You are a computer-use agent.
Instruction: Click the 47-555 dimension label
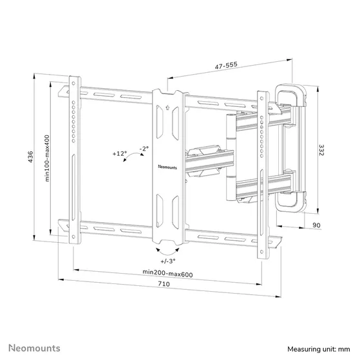[227, 66]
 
